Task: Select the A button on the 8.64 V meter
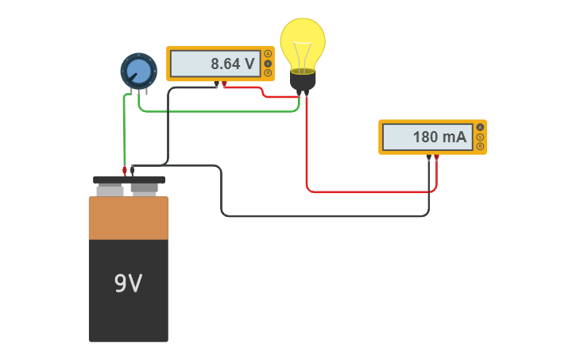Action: (269, 54)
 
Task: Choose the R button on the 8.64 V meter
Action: (269, 73)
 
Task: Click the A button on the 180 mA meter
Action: (480, 128)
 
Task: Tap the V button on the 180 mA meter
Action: (480, 137)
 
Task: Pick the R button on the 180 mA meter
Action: (480, 146)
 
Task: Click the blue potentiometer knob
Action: (139, 71)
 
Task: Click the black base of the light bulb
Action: (303, 80)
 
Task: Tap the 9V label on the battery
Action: (128, 284)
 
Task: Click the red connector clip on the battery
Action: (125, 170)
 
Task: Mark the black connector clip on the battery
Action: (133, 169)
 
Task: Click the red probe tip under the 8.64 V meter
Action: (224, 83)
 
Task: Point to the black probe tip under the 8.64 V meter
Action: (216, 83)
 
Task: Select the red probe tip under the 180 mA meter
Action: (436, 157)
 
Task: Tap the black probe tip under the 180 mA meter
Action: (428, 157)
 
